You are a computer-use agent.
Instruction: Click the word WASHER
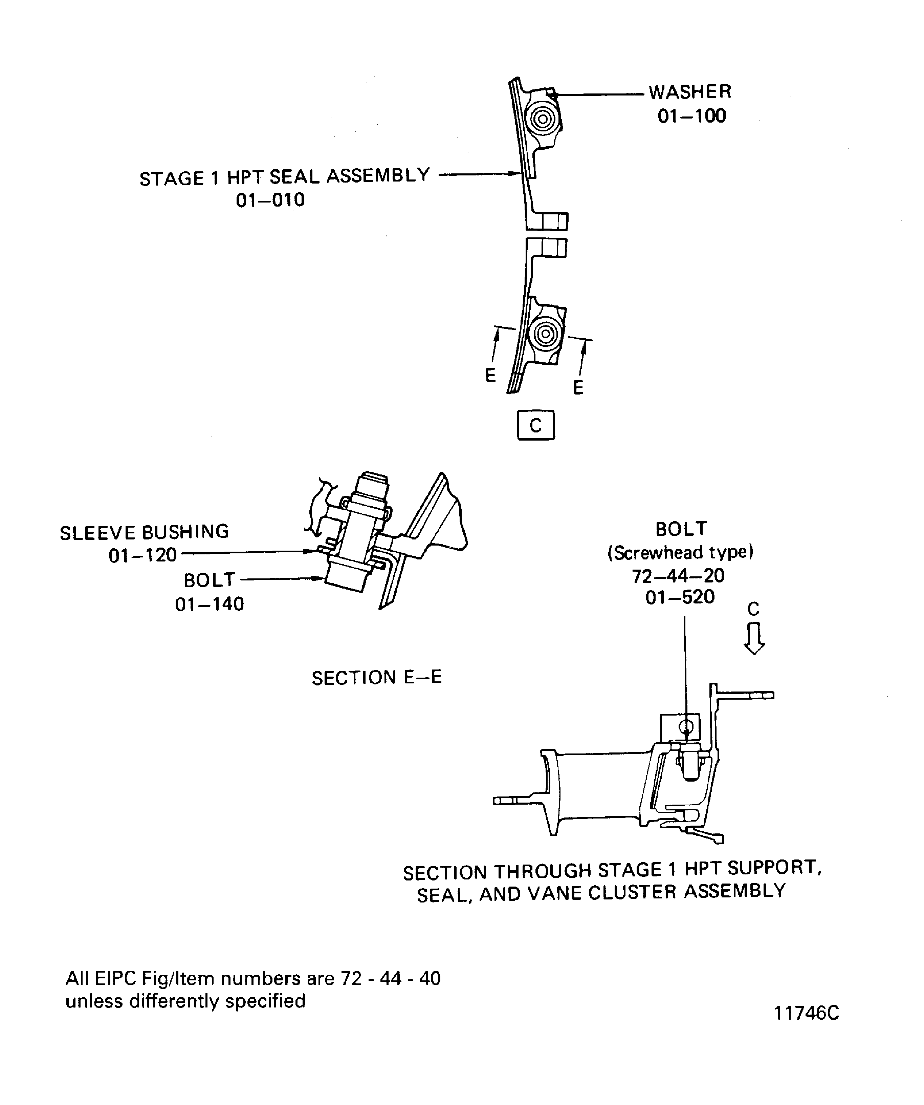tap(689, 92)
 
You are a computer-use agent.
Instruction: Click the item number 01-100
tap(691, 116)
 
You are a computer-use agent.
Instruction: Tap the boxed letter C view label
tap(535, 425)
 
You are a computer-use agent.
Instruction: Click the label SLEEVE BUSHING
tap(144, 532)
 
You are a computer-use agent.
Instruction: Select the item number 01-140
tap(209, 604)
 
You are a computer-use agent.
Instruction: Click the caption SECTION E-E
tap(377, 678)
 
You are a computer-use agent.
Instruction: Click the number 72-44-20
tap(678, 576)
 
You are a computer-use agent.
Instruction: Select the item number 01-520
tap(680, 597)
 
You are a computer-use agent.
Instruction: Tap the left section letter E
tap(490, 376)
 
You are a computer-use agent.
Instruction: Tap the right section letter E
tap(578, 388)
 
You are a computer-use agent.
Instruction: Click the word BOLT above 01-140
tap(209, 580)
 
